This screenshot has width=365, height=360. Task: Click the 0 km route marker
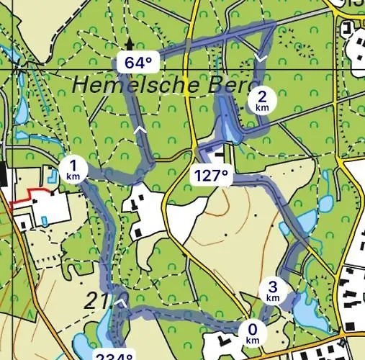(252, 333)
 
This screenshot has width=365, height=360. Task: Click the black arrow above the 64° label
(130, 45)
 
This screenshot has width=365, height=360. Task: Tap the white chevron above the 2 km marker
(261, 58)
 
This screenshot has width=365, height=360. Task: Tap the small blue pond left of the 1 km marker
(52, 174)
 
